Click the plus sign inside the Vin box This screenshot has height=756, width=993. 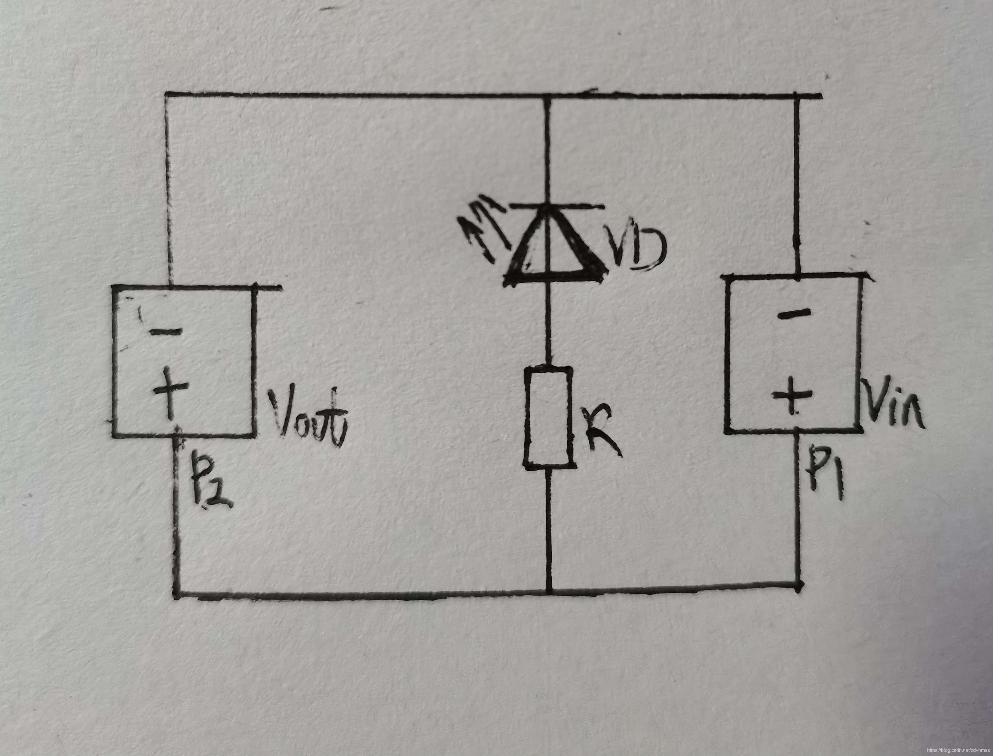point(792,395)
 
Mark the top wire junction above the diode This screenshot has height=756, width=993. point(547,95)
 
